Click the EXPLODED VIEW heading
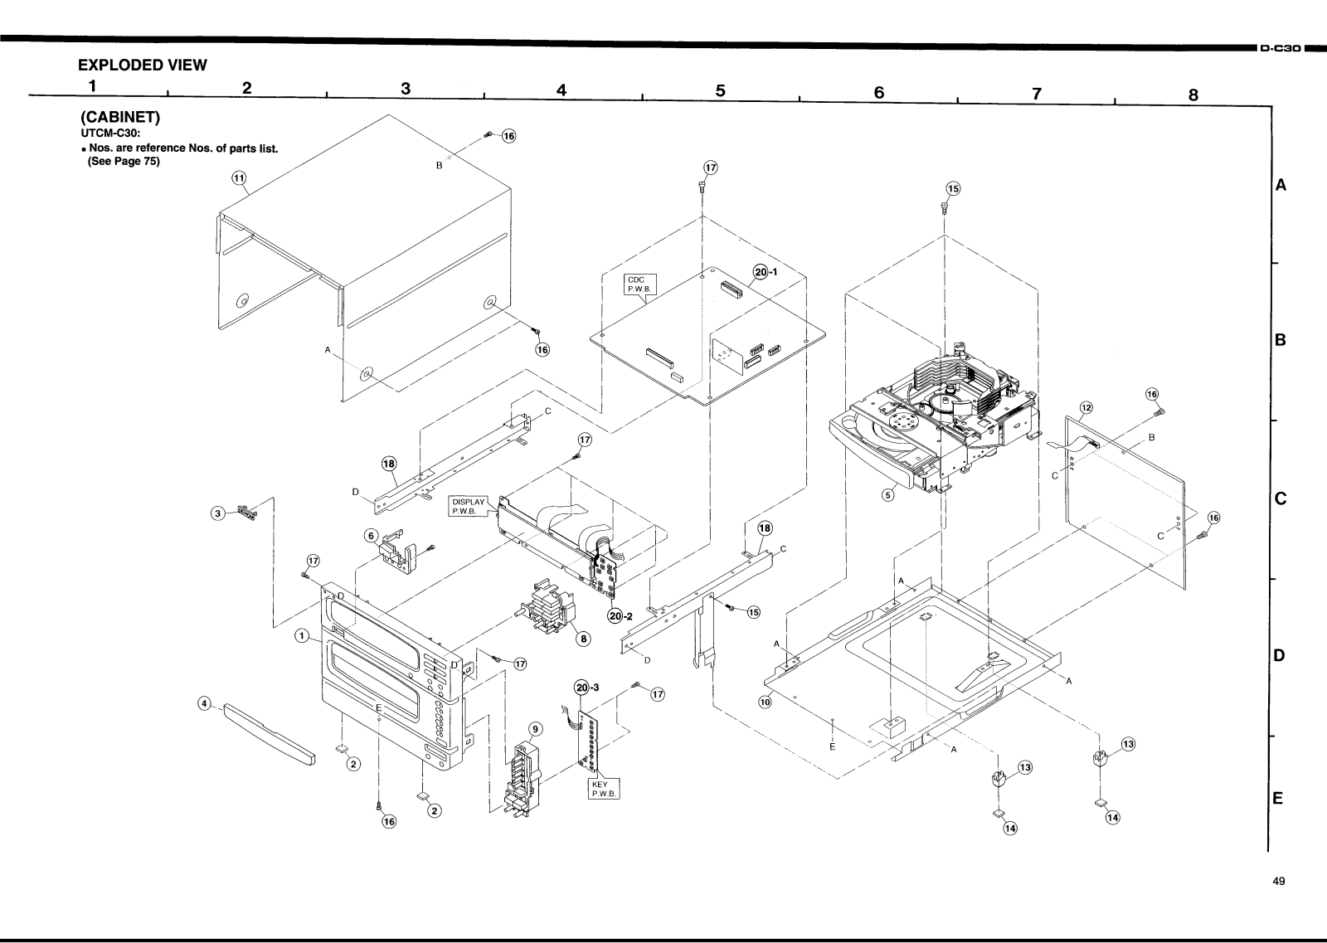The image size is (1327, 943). [x=142, y=66]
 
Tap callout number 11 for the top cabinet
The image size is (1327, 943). [x=239, y=177]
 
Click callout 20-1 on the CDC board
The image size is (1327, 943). [x=765, y=271]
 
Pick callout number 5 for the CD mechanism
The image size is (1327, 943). [x=887, y=495]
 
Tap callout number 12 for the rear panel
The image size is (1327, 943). [x=1086, y=407]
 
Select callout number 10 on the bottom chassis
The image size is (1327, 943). [x=764, y=702]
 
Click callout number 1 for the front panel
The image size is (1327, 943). [x=303, y=636]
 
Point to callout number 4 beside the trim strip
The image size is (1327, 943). [x=203, y=704]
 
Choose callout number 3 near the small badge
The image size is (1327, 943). [x=218, y=513]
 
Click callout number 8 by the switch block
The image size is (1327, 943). [x=584, y=639]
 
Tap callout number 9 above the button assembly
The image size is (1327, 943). [x=535, y=729]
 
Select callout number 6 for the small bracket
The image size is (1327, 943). [x=372, y=536]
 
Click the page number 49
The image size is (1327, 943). [x=1278, y=882]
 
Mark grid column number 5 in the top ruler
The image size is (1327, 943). [x=720, y=91]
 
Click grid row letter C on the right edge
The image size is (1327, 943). [x=1280, y=499]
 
